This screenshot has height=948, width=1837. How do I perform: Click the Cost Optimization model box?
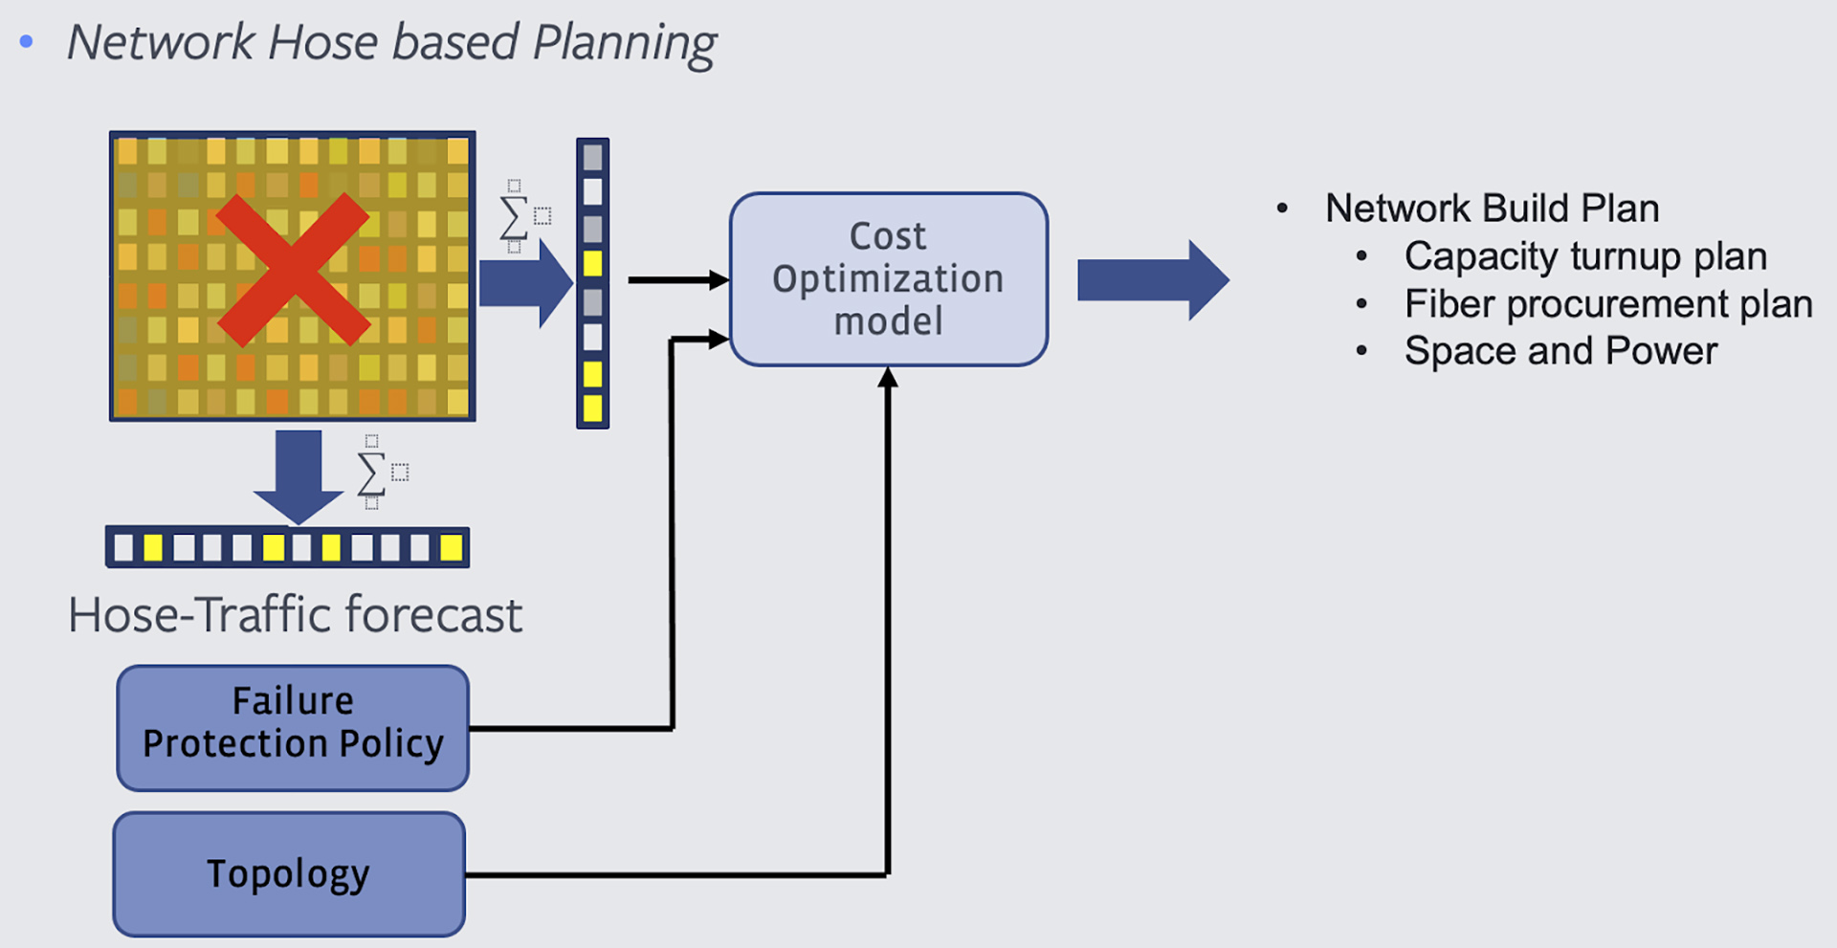[888, 279]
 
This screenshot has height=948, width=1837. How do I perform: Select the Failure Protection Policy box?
[293, 728]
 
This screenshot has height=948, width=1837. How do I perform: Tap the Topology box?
[289, 873]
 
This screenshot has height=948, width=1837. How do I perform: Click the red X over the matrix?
[293, 270]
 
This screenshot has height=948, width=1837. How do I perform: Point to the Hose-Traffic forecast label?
[295, 614]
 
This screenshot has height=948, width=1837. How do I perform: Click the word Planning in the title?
[624, 43]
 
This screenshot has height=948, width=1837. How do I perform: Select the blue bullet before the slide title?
[27, 41]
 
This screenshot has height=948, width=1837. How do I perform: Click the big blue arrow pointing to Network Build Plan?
[1152, 280]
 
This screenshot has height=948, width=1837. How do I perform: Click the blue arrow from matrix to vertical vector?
[524, 283]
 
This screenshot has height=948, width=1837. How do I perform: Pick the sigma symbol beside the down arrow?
[371, 474]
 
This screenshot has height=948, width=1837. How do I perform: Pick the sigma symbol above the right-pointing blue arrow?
[514, 217]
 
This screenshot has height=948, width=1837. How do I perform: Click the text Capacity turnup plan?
[1584, 256]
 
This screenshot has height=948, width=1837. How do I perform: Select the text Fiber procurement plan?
[1607, 304]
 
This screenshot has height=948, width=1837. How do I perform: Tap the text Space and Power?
[1560, 351]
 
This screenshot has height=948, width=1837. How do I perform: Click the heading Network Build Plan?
[1492, 209]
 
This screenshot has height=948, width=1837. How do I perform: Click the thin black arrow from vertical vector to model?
[675, 280]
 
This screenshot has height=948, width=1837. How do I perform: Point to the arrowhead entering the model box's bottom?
[888, 378]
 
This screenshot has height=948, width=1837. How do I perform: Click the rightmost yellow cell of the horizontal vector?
[451, 548]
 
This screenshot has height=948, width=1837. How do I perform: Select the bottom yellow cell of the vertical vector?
[592, 408]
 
